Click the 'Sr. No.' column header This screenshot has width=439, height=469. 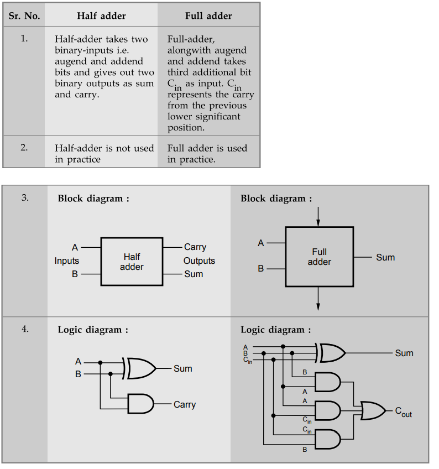[24, 15]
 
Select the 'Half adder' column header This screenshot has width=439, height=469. [101, 15]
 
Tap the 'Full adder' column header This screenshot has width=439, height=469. [208, 15]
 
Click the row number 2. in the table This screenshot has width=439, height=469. [24, 148]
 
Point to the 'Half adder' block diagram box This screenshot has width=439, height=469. [132, 262]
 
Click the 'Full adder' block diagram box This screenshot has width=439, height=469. [319, 257]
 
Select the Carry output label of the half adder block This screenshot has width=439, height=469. [195, 247]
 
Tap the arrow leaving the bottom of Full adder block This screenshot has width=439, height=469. [318, 299]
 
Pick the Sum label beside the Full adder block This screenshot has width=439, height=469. [385, 257]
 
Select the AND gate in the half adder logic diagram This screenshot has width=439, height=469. [140, 404]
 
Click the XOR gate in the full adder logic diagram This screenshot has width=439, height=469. [331, 352]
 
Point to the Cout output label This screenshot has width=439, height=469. [403, 412]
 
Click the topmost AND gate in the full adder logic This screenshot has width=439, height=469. [327, 382]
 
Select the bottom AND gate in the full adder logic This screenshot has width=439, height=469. [327, 439]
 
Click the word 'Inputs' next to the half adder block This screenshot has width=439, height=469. [66, 261]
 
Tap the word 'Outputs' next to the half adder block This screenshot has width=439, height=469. [199, 261]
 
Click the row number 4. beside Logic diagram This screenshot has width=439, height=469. [25, 329]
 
